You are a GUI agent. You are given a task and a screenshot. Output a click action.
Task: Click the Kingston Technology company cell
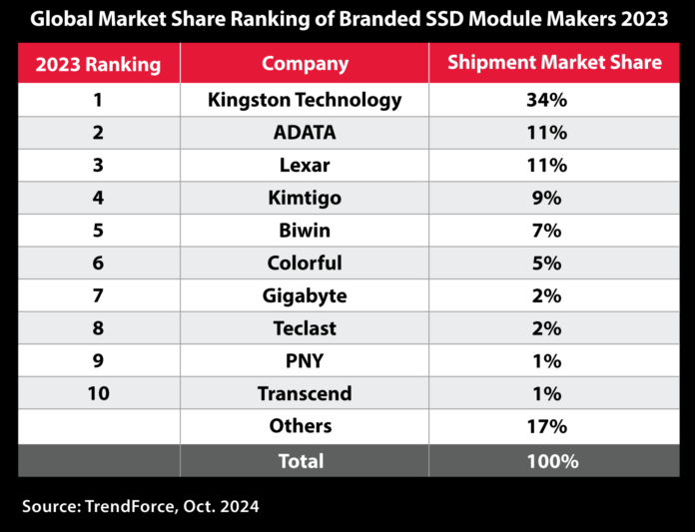point(305,100)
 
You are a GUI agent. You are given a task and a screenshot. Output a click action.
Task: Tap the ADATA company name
point(305,133)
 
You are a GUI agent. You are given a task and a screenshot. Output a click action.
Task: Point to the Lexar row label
point(305,166)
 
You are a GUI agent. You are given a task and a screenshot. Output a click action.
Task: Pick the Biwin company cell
point(305,231)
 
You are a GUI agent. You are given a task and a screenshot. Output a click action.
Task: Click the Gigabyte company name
point(305,295)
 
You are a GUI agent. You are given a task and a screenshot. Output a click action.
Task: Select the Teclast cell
point(305,328)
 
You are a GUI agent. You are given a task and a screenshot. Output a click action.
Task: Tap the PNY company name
point(305,361)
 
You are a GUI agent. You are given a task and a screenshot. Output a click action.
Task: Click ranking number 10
point(98,393)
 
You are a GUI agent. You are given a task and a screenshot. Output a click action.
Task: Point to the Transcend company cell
point(305,393)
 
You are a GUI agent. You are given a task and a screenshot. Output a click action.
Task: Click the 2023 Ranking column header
point(98,65)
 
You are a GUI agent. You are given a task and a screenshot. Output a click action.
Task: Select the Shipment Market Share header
point(554,63)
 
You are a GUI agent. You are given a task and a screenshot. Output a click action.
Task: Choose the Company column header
point(305,64)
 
